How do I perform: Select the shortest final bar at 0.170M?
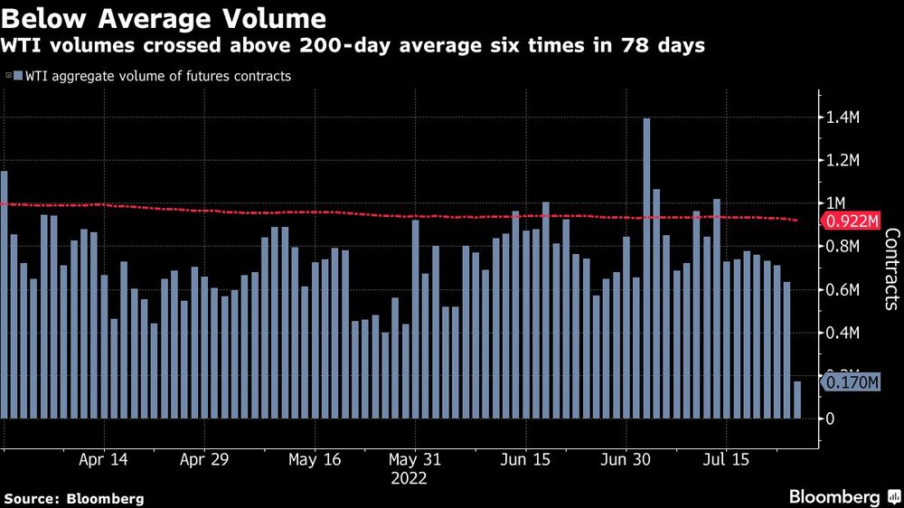[797, 400]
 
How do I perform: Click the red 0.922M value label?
[852, 221]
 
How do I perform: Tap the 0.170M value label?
[852, 383]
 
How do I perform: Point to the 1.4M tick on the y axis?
[841, 118]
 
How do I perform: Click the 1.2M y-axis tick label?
[841, 161]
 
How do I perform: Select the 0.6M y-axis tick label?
[841, 290]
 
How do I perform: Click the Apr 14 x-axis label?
[103, 459]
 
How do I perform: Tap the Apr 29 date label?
[204, 459]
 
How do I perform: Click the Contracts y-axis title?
[890, 269]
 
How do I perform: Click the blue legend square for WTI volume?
[17, 77]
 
